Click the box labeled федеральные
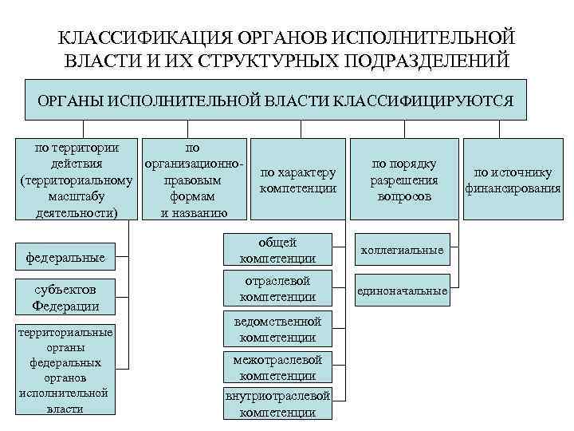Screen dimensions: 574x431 [65, 258]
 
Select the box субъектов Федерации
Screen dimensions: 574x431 [65, 297]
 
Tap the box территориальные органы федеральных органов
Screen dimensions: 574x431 [65, 370]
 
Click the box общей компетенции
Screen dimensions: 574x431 [278, 250]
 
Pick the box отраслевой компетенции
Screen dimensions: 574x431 [278, 288]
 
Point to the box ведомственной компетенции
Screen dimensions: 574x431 [278, 329]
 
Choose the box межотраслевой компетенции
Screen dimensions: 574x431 [278, 367]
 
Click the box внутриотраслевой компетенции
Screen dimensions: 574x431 [278, 404]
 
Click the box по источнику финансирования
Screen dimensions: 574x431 [513, 180]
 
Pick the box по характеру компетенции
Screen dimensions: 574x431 [298, 180]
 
